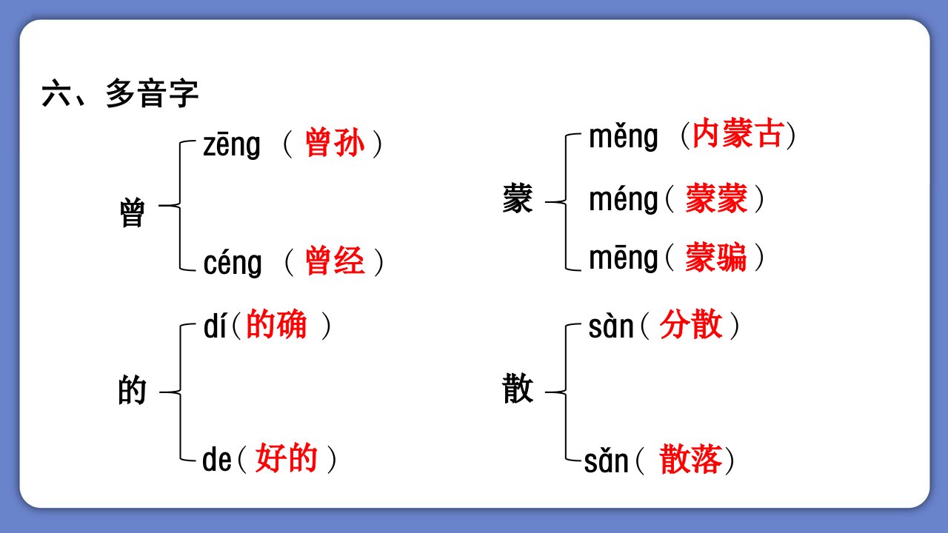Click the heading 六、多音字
[120, 93]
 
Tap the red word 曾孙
[335, 143]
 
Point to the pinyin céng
[233, 263]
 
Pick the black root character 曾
[132, 212]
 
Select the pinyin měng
[624, 137]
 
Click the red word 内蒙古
[738, 134]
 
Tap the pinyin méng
[624, 200]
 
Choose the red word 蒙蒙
[716, 198]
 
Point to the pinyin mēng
[624, 258]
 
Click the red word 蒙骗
[716, 257]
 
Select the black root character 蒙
[517, 198]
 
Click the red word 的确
[276, 324]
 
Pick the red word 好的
[286, 457]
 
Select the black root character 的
[132, 390]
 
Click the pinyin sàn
[611, 326]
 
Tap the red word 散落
[690, 459]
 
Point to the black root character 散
[518, 389]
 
